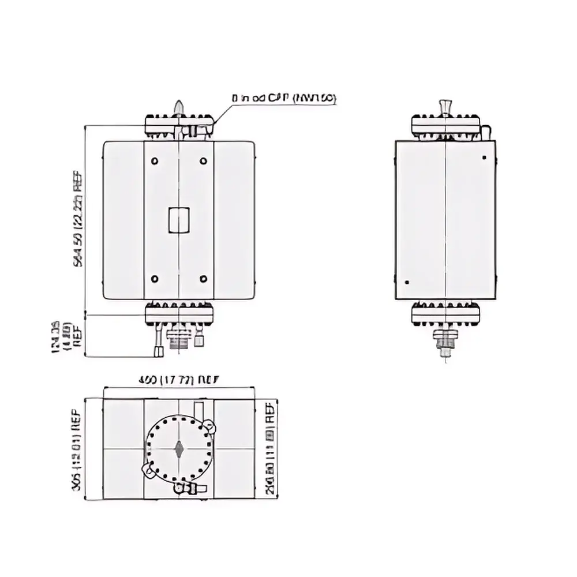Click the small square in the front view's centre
click(x=178, y=220)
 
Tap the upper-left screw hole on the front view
click(x=155, y=160)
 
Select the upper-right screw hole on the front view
click(x=203, y=160)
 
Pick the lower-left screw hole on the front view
click(x=155, y=279)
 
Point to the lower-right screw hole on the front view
click(x=203, y=279)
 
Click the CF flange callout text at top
click(x=283, y=99)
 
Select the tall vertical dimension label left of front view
click(x=78, y=220)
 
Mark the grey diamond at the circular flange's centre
click(x=179, y=447)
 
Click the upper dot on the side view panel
click(x=484, y=158)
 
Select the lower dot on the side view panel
click(x=407, y=282)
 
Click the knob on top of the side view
click(x=445, y=107)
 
